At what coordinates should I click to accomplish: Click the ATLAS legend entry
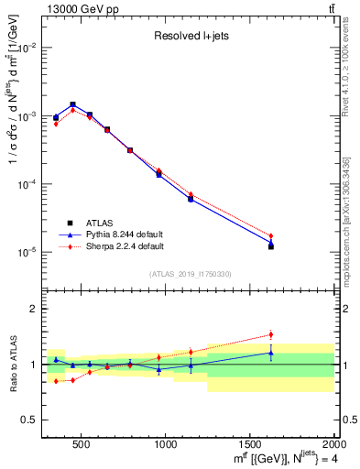[102, 223]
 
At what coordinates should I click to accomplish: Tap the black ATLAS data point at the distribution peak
[72, 104]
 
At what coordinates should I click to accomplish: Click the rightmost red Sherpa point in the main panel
[271, 235]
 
